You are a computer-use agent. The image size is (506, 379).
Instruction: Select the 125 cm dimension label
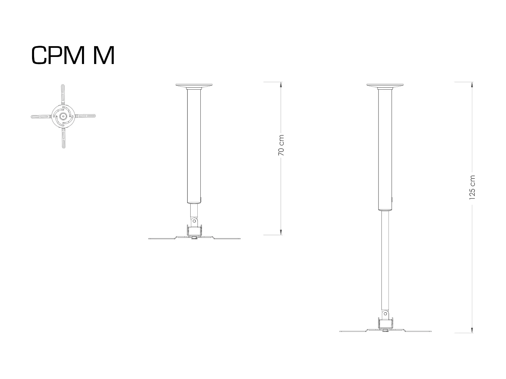[x=472, y=187]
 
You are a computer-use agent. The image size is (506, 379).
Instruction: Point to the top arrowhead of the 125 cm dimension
[x=472, y=85]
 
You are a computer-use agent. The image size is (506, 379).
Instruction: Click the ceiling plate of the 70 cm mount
[x=194, y=85]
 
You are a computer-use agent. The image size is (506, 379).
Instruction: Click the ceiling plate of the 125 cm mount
[x=385, y=85]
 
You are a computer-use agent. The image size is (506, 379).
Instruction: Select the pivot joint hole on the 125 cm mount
[x=385, y=313]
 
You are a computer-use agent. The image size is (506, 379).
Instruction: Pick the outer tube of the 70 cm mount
[x=194, y=145]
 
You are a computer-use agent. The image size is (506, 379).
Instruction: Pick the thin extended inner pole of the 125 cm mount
[x=385, y=259]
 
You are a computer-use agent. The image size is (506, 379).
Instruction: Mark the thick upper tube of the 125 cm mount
[x=385, y=148]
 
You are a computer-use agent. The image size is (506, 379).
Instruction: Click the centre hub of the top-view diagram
[x=63, y=116]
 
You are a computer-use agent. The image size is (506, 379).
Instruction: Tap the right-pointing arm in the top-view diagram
[x=86, y=116]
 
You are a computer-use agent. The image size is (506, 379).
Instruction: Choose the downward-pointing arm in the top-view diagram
[x=63, y=138]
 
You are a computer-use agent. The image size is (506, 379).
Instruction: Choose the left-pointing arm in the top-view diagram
[x=40, y=117]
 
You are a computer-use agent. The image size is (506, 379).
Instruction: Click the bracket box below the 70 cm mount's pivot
[x=194, y=231]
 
